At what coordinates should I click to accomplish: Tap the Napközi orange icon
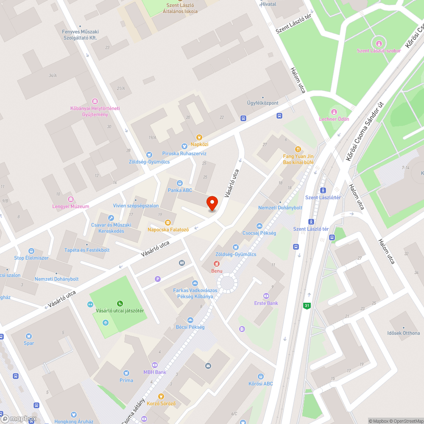(x=199, y=137)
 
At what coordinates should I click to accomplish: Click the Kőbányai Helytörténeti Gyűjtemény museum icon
(x=95, y=101)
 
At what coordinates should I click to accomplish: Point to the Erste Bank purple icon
(x=266, y=296)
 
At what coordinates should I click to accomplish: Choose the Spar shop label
(x=29, y=343)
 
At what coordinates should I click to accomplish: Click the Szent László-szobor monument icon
(x=379, y=43)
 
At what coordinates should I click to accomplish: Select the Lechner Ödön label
(x=334, y=119)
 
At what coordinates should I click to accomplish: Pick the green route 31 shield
(x=307, y=305)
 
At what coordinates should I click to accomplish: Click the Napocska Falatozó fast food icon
(x=168, y=222)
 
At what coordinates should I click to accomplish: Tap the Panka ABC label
(x=180, y=190)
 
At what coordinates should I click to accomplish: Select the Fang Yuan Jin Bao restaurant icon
(x=298, y=149)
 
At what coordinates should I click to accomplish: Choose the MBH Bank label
(x=154, y=372)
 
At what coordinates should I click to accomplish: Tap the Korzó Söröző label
(x=161, y=403)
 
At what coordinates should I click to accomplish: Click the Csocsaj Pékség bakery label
(x=259, y=233)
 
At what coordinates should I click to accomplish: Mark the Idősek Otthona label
(x=403, y=333)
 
